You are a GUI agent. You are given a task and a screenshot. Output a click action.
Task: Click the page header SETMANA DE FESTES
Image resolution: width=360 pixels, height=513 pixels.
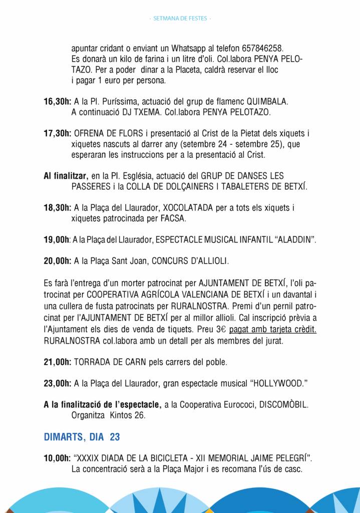click(180, 19)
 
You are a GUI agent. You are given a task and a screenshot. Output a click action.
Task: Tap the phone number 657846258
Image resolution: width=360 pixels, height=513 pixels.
click(262, 49)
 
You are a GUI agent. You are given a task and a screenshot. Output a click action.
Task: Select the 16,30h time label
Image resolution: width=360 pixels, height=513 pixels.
click(58, 102)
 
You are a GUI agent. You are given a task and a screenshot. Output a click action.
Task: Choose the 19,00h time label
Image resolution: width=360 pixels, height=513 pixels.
click(57, 240)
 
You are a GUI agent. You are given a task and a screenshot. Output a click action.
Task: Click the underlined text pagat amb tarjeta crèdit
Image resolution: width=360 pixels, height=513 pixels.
click(272, 330)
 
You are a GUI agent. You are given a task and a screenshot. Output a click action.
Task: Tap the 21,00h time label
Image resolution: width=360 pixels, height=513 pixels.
click(58, 362)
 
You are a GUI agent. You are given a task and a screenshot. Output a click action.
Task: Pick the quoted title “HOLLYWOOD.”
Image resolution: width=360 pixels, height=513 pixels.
click(278, 383)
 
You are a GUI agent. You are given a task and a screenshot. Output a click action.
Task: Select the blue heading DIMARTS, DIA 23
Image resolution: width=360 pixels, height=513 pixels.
click(82, 437)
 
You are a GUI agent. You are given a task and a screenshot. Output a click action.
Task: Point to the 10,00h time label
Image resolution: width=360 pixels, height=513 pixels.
click(58, 458)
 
